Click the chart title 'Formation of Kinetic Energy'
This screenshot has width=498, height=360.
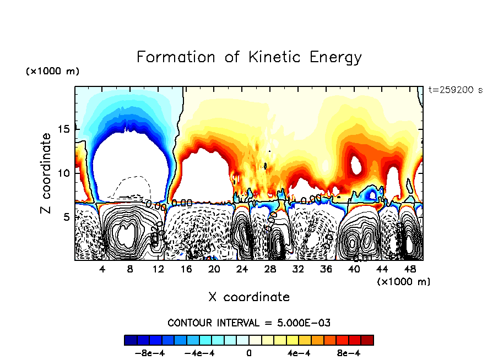(249, 57)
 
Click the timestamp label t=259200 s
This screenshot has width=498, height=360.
(455, 90)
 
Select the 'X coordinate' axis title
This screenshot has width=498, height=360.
(249, 297)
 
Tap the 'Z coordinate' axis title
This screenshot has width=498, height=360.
(46, 173)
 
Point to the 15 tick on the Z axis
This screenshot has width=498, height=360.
(66, 129)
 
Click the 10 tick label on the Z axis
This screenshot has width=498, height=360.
(66, 173)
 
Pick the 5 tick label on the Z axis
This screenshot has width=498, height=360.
(69, 217)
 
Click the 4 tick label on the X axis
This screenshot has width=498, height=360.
(102, 269)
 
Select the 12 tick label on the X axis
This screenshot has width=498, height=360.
(158, 269)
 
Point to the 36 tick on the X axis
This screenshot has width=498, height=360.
(326, 269)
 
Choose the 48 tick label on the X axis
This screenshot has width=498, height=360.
(409, 269)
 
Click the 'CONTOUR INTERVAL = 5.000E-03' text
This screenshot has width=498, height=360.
(249, 323)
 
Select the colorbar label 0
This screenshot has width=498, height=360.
(249, 353)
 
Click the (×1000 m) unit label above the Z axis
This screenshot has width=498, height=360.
(52, 72)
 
